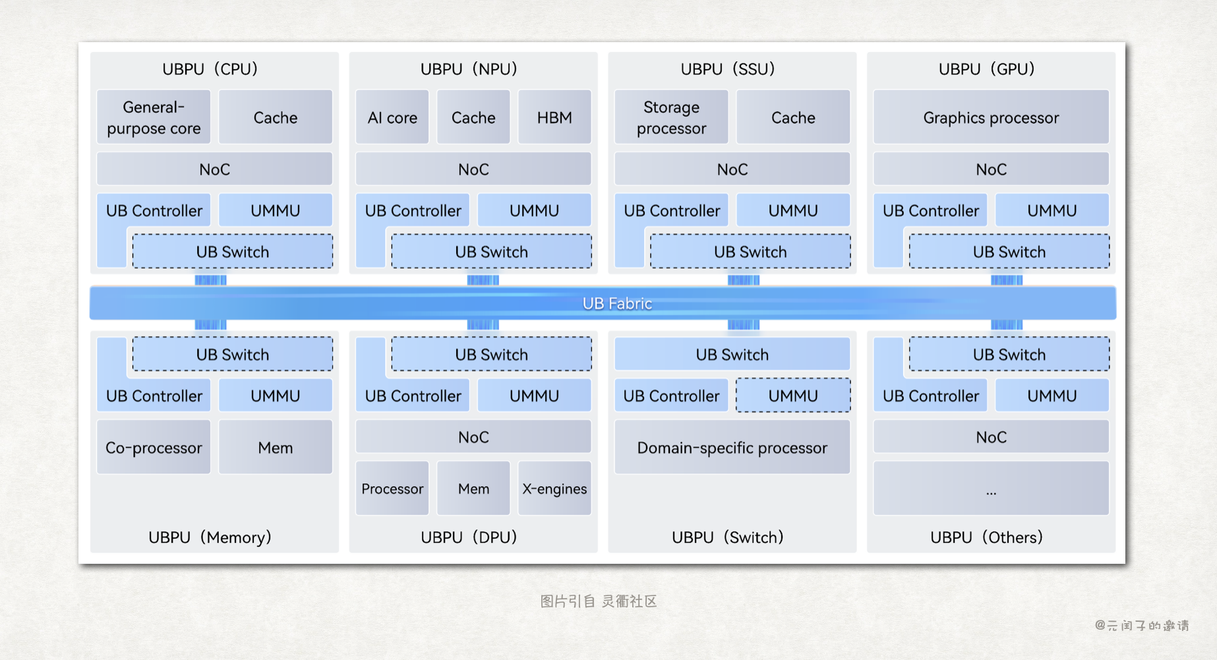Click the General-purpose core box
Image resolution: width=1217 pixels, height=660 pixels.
pos(154,117)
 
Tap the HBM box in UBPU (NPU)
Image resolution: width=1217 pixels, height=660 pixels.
pos(554,117)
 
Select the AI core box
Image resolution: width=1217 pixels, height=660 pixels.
pos(392,117)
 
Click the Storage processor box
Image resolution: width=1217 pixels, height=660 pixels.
pos(671,117)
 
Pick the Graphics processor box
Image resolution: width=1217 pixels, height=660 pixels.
pos(991,117)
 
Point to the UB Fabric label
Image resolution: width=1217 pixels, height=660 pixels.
pos(617,304)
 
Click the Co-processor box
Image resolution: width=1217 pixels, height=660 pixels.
pos(154,448)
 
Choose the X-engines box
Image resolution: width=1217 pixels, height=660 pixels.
pos(554,489)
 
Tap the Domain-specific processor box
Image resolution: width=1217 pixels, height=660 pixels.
pos(732,448)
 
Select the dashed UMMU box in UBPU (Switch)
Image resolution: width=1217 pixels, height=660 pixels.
pos(793,396)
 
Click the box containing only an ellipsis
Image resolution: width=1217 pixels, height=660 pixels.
pos(991,489)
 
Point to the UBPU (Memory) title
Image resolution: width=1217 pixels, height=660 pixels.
pos(210,537)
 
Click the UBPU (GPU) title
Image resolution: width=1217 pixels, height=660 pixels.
pos(986,69)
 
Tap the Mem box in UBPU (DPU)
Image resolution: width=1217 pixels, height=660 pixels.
pos(473,489)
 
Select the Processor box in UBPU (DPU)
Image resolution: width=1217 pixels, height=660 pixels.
pos(392,489)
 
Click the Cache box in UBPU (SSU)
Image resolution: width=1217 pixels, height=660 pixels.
pos(793,117)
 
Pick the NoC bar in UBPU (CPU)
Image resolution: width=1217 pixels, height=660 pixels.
pos(214,169)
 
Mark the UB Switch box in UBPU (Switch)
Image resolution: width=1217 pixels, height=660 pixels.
pos(732,354)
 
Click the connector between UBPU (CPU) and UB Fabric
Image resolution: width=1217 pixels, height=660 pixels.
pos(210,280)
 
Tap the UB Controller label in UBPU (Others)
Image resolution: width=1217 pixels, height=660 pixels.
pos(930,396)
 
